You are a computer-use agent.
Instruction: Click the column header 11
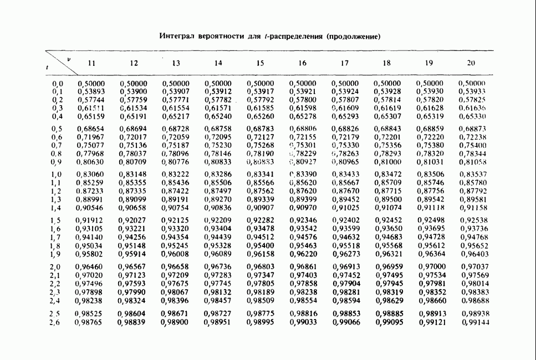92,64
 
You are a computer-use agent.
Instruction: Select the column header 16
302,64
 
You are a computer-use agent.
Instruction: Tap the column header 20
471,64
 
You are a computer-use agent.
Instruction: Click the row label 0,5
57,129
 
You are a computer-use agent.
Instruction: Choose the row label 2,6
54,322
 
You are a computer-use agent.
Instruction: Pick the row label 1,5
57,220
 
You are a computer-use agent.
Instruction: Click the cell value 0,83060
90,174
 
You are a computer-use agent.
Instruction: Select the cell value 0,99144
475,322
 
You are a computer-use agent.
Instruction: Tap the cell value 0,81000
387,162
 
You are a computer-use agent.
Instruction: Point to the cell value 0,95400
260,245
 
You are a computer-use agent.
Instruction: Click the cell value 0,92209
218,220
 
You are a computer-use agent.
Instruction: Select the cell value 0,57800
303,100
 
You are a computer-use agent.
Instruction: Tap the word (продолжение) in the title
354,37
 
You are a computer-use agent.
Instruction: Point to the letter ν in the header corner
68,58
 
